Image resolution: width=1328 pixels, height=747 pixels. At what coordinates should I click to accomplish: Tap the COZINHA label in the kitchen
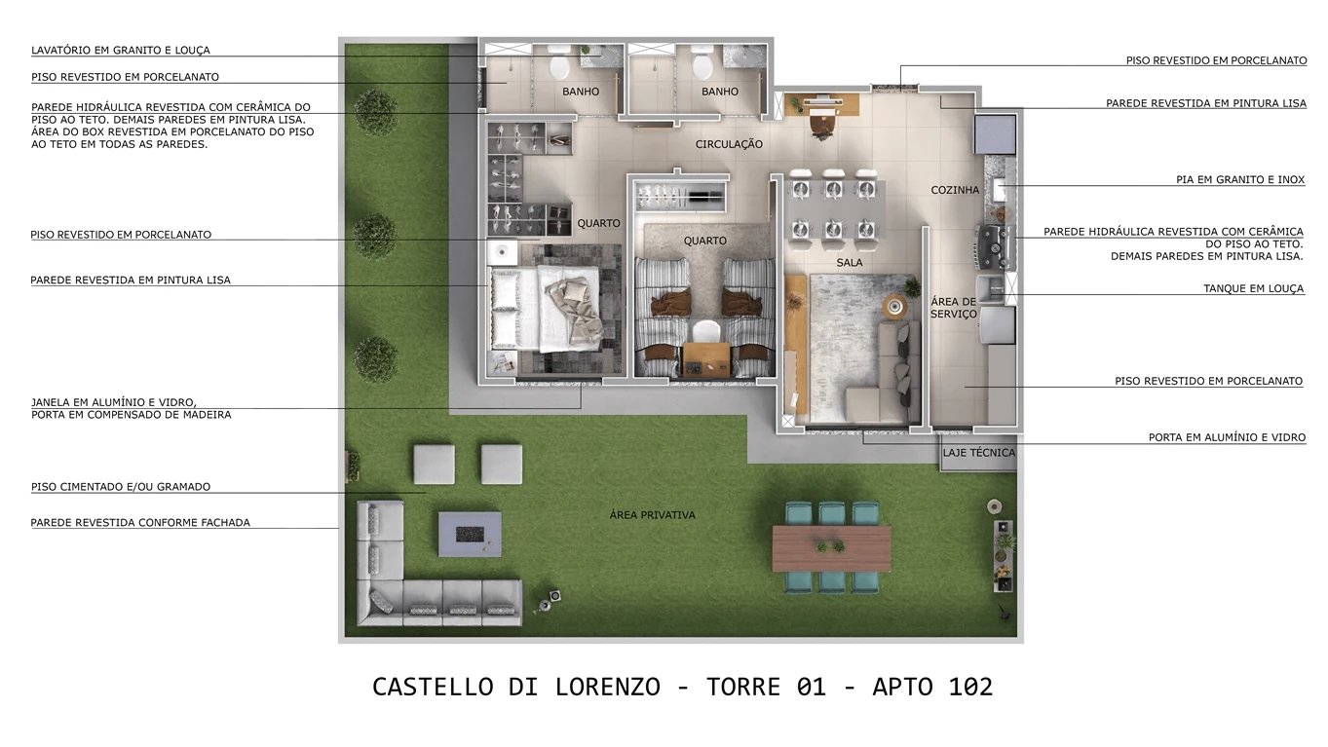(x=955, y=190)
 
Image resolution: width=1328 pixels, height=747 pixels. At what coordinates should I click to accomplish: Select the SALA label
(x=849, y=263)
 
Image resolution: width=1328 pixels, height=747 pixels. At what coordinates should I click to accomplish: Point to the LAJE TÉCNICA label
(x=979, y=453)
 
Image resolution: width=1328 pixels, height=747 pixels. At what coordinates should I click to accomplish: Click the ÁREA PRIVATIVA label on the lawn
(x=653, y=515)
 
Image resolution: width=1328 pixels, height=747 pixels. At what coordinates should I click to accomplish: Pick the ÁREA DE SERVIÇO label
(x=953, y=308)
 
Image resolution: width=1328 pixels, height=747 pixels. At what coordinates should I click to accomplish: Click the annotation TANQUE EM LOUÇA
(x=1253, y=289)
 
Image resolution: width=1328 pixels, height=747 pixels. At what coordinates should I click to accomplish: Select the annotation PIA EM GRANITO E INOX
(x=1239, y=180)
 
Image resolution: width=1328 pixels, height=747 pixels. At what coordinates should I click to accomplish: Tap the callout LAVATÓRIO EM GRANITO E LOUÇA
(x=121, y=51)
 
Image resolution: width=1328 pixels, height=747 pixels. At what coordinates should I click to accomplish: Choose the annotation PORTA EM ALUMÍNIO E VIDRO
(x=1227, y=438)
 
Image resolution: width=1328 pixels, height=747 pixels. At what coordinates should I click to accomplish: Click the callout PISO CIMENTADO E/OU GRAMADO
(x=121, y=487)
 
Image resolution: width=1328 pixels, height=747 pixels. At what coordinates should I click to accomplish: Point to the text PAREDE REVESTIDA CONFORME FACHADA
(x=140, y=523)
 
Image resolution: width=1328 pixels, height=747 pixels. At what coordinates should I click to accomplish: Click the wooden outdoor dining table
(x=831, y=548)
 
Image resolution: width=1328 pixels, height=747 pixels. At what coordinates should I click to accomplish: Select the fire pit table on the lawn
(x=470, y=534)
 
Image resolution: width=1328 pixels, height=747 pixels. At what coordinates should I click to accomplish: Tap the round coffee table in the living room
(x=894, y=306)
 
